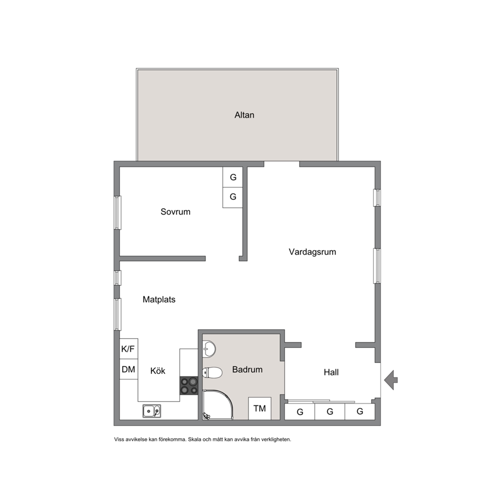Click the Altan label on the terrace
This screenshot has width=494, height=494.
pos(244,115)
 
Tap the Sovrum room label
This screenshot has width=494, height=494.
pos(175,212)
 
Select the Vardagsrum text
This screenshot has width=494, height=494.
pos(312,251)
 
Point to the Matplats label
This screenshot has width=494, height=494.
pos(159,299)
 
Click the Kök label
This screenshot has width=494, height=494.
pos(158,371)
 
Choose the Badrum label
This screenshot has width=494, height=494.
pos(247,370)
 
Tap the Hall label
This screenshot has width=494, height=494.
pos(331,372)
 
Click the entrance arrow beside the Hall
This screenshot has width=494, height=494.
pos(391,380)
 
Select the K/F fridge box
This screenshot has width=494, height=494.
pos(128,349)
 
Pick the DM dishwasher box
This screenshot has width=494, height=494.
pos(128,369)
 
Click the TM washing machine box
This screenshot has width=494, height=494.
pos(259,409)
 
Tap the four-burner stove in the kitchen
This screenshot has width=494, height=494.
pos(189,386)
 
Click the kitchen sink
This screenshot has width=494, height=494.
pos(151,411)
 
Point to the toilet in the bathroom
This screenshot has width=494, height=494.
pos(212,372)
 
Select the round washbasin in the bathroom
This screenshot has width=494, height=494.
pos(209,349)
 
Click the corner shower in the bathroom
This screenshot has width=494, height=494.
pos(218,405)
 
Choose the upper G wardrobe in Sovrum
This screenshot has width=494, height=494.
pos(233,177)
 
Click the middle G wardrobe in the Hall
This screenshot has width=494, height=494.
pos(330,412)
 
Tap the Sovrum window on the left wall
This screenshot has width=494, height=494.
pos(117,213)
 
